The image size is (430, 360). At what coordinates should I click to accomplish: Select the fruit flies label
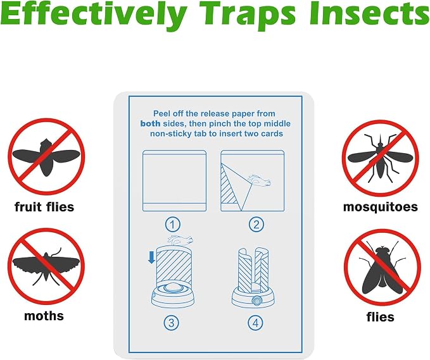click(44, 207)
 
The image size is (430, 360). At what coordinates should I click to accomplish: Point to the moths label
click(44, 316)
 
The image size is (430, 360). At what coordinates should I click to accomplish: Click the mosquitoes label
click(381, 207)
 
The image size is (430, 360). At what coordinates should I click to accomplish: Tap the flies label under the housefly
click(381, 317)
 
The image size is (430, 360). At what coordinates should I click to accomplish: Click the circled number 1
click(172, 225)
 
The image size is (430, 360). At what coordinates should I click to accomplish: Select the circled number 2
click(256, 225)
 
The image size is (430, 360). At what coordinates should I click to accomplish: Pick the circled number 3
click(172, 323)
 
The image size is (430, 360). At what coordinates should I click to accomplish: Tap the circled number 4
click(255, 323)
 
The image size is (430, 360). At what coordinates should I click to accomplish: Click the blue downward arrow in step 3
click(151, 258)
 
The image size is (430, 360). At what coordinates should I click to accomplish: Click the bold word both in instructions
click(150, 123)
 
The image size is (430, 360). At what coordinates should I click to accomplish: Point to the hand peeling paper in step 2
click(259, 180)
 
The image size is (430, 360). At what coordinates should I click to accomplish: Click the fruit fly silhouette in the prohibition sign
click(46, 158)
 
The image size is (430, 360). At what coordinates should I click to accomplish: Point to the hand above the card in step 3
click(180, 239)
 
